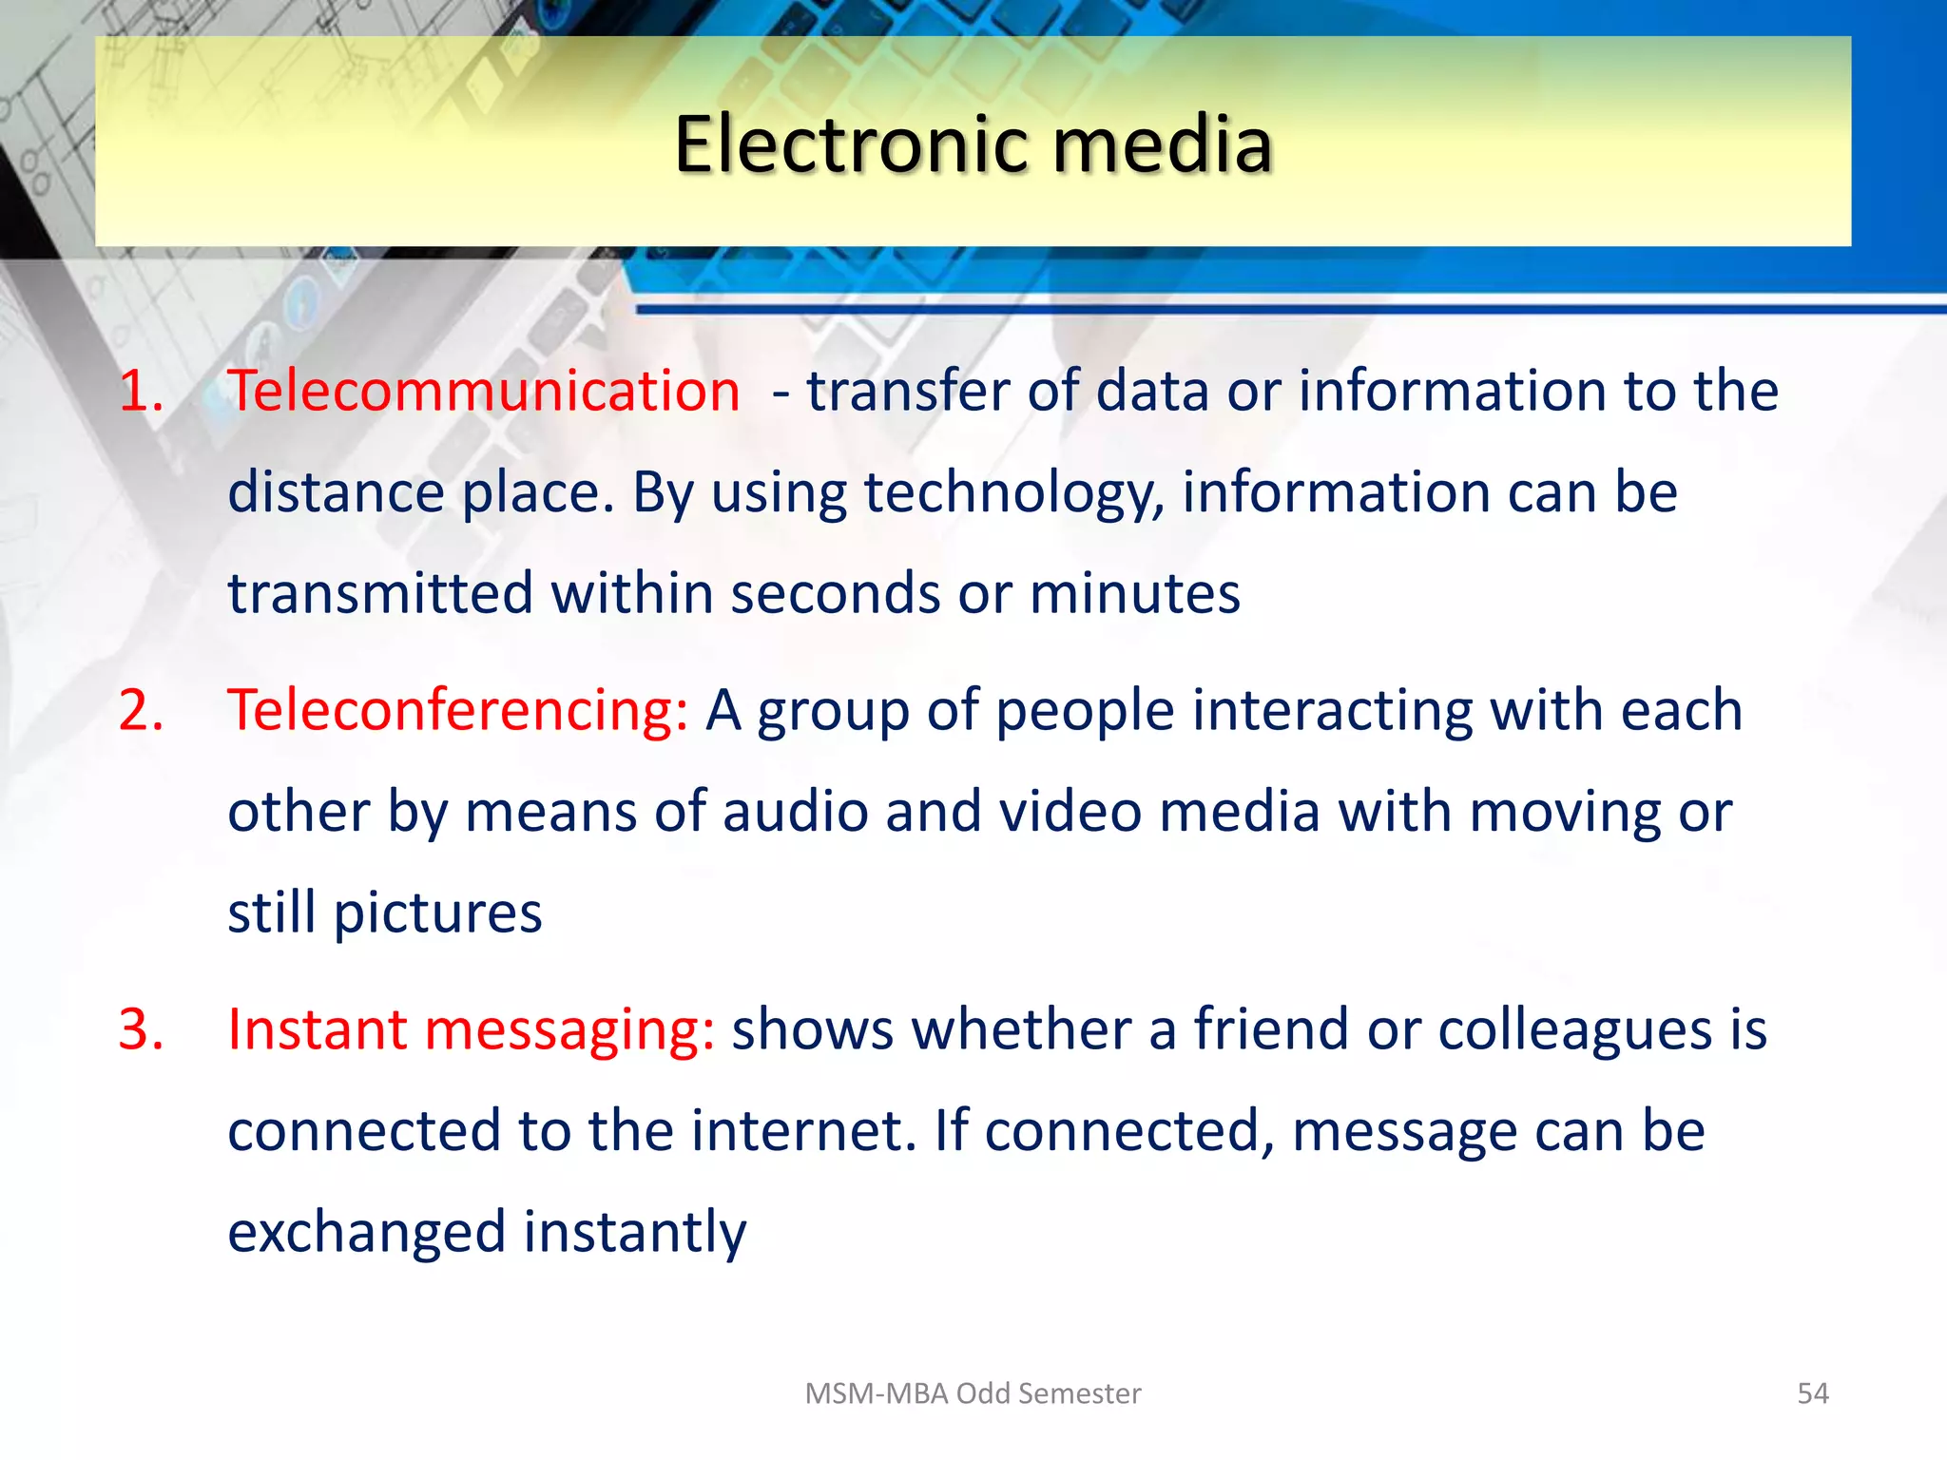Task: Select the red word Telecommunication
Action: [484, 391]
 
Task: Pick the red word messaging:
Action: [569, 1031]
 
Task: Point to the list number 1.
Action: [141, 391]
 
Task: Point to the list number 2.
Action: [141, 710]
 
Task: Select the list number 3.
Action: [141, 1029]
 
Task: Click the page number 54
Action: [1812, 1393]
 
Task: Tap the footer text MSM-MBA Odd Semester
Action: [973, 1393]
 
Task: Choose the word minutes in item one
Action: [1134, 594]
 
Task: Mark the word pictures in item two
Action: [437, 914]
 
